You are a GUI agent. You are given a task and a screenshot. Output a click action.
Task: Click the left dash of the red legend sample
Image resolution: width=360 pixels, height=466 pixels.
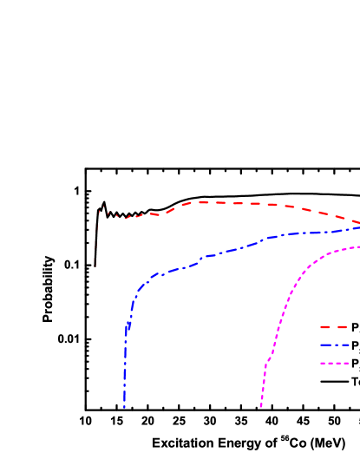[x=325, y=327]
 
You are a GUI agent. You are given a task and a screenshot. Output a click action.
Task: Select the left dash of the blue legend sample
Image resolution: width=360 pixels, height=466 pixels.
[x=325, y=345]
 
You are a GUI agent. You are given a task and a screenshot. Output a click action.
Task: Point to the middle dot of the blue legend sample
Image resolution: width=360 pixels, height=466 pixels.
[x=335, y=345]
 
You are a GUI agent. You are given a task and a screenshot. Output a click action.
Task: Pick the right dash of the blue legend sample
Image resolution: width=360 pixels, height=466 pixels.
[x=344, y=345]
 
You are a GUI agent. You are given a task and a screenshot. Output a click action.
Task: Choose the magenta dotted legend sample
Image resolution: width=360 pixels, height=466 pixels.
[x=334, y=363]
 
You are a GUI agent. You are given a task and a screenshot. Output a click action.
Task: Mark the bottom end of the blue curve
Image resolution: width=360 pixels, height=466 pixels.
[x=124, y=406]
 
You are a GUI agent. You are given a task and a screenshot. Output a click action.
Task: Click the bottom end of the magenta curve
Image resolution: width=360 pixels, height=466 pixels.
[x=261, y=405]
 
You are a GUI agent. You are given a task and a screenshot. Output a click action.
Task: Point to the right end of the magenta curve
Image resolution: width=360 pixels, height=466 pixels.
[x=357, y=247]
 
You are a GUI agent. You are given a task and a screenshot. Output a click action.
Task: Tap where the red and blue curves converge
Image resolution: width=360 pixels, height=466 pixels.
[x=357, y=226]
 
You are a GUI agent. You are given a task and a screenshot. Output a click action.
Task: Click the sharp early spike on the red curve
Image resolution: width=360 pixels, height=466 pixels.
[x=102, y=207]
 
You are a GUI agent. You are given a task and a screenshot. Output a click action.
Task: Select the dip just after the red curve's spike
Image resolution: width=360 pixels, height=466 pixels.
[x=125, y=218]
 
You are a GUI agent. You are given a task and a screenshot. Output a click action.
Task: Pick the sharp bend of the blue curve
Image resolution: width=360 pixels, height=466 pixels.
[x=138, y=290]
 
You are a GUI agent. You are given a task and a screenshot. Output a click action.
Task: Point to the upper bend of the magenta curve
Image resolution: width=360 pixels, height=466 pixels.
[x=323, y=255]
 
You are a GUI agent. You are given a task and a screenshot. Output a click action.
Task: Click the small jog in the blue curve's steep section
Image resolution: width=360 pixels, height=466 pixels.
[x=128, y=328]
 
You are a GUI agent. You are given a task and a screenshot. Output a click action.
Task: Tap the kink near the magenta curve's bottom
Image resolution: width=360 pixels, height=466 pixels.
[x=266, y=366]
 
